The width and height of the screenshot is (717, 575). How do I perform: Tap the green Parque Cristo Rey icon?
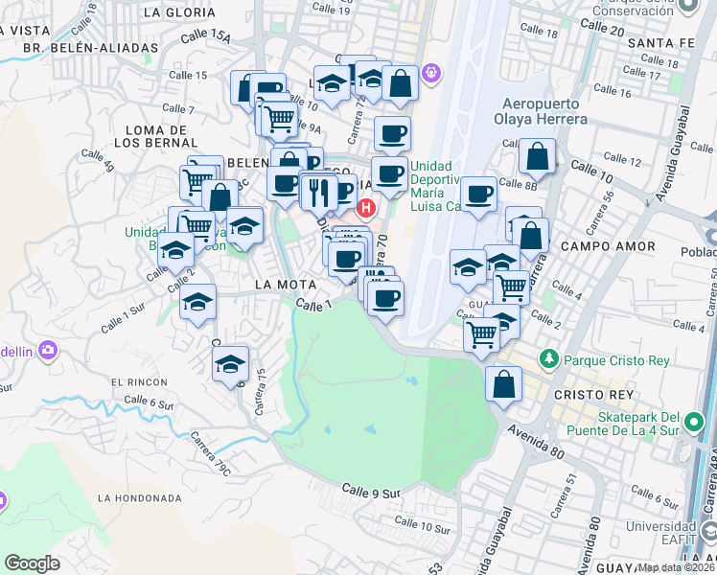coord(548,359)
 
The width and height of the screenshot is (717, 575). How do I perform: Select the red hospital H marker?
coord(365,207)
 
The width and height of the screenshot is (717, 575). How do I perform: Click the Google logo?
coord(32,563)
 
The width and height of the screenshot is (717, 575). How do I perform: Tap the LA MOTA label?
coord(280,285)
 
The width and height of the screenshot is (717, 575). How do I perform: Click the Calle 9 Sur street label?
coord(371,493)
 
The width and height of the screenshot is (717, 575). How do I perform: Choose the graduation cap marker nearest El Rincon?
coord(230,364)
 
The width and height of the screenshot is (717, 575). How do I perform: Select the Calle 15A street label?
coord(208,37)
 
